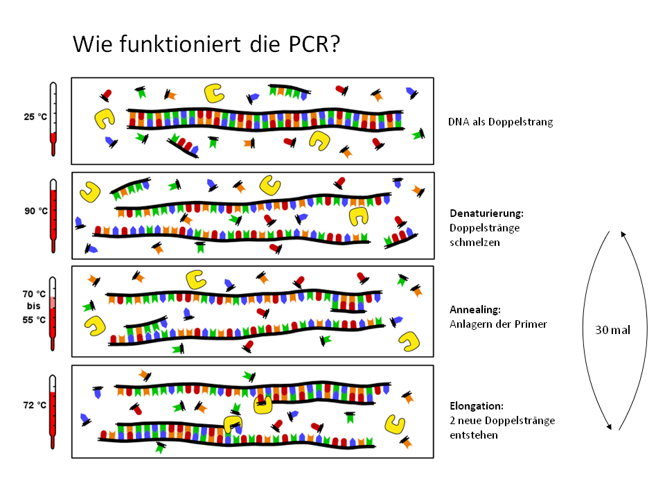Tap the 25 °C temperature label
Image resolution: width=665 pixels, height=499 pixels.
point(35,117)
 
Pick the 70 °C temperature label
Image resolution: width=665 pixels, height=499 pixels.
point(35,294)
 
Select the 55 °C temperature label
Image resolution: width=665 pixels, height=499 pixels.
point(35,319)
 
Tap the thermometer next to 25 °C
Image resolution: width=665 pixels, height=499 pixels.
point(53,119)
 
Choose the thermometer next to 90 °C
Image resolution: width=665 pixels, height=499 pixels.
point(53,215)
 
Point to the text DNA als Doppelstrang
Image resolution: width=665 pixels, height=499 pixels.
point(500,122)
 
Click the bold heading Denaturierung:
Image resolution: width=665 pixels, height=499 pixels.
point(486,213)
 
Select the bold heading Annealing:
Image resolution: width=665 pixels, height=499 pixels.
point(475,310)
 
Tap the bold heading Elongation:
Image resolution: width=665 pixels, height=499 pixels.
point(477,405)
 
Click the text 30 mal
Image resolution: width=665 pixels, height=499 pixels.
point(612,330)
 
